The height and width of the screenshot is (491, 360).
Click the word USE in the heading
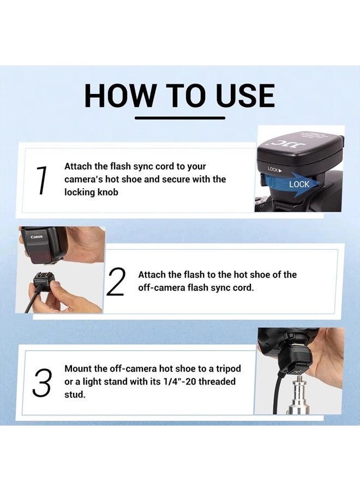click(x=244, y=96)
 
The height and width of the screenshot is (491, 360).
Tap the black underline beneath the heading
click(x=179, y=117)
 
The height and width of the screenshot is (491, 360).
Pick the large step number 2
click(x=116, y=282)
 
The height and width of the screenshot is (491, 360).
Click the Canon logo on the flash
click(x=36, y=236)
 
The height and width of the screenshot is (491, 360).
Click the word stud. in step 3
click(x=75, y=394)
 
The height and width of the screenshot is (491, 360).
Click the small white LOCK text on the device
click(x=274, y=170)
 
